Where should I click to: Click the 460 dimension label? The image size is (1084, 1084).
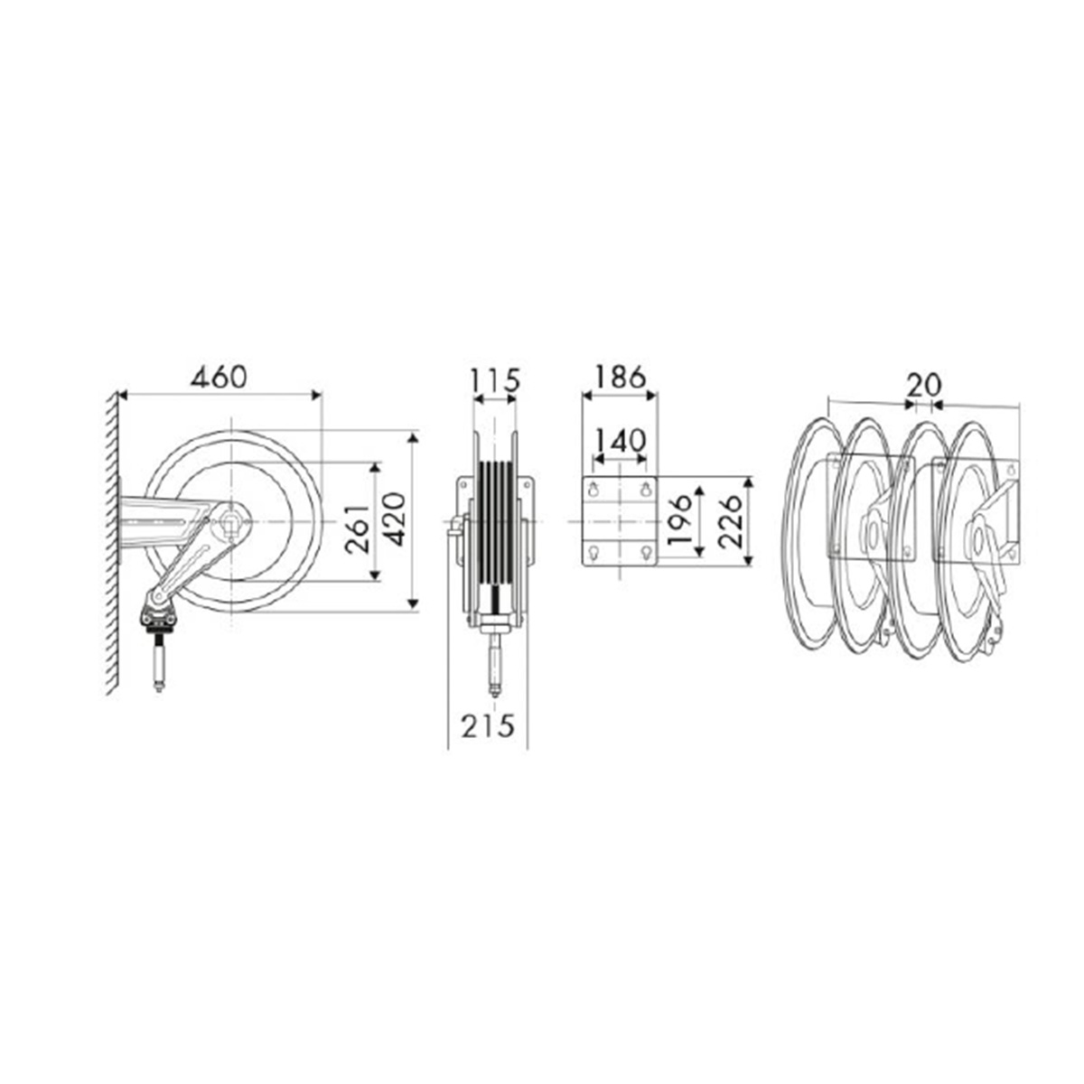(x=218, y=376)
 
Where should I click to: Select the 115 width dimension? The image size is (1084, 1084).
(x=495, y=379)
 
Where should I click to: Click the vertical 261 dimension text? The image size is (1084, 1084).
(x=359, y=523)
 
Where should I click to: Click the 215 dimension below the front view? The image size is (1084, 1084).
(x=488, y=725)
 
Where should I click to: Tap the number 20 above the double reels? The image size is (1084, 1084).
(x=923, y=385)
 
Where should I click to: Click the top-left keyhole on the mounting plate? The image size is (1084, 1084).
(x=593, y=490)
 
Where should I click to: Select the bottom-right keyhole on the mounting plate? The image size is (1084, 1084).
(x=646, y=552)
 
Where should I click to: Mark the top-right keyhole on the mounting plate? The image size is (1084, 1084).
(x=646, y=490)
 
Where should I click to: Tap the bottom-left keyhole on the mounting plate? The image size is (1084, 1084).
(x=593, y=552)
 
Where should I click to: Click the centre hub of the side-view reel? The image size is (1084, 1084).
(x=231, y=522)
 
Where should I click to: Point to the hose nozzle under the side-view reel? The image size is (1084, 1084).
(x=159, y=664)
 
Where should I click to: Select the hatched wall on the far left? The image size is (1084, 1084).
(x=111, y=542)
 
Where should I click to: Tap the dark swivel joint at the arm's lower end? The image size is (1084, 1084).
(x=157, y=617)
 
